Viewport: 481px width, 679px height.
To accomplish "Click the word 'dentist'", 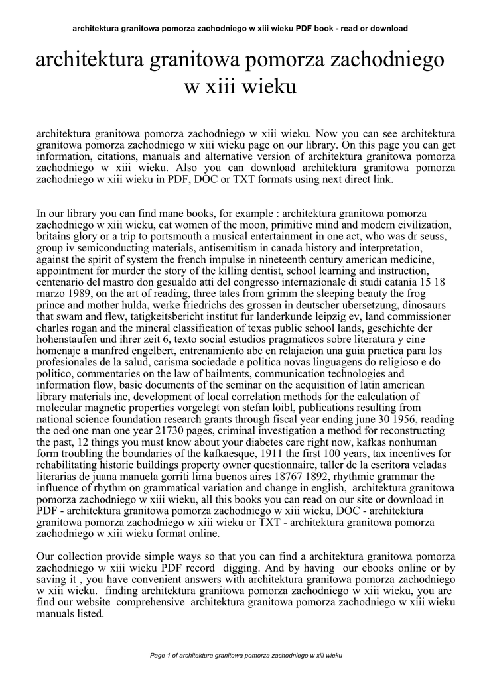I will (x=276, y=271).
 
